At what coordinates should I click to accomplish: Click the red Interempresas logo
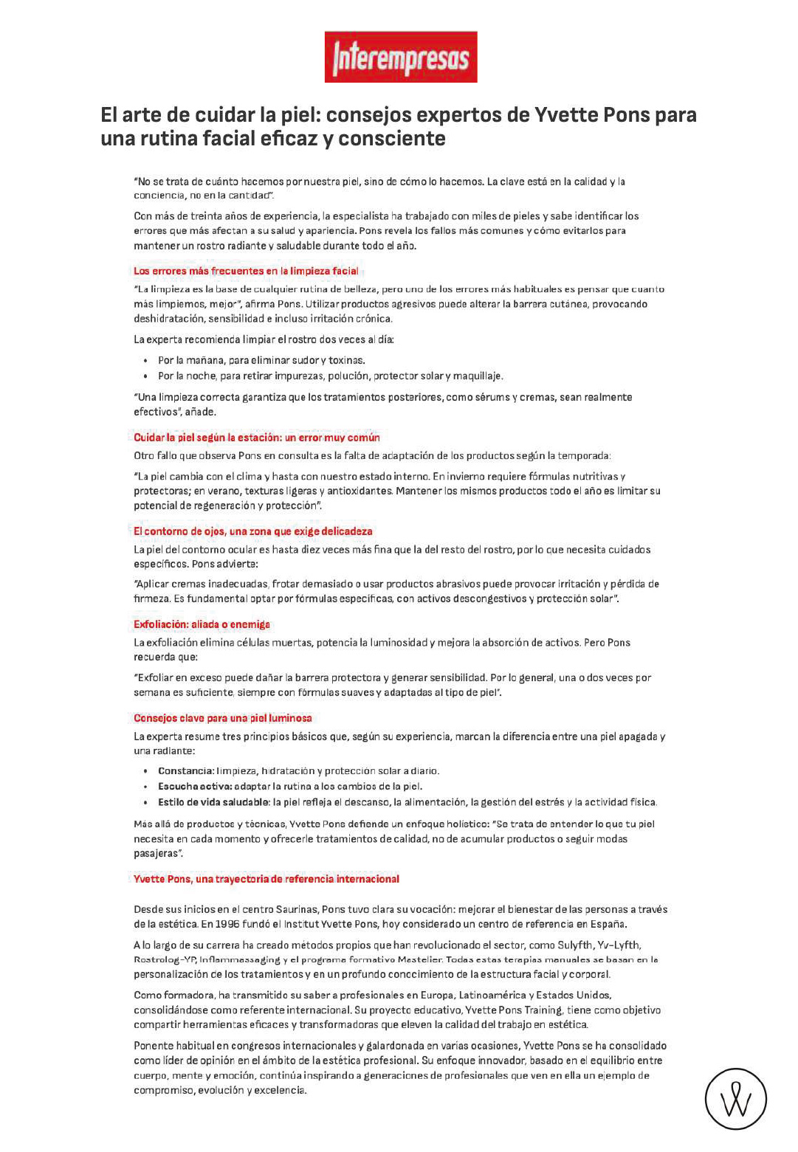coord(401,57)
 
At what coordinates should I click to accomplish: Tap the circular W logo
coord(735,1099)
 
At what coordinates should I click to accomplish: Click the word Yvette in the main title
coord(566,115)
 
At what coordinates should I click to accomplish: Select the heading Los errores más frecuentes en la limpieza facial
coord(246,271)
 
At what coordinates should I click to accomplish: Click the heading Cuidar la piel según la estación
coord(256,438)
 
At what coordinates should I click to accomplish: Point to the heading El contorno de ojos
coord(252,531)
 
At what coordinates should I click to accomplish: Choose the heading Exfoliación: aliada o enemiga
coord(202,624)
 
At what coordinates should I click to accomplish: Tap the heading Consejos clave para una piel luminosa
coord(222,718)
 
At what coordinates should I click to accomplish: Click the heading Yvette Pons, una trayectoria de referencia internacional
coord(266,879)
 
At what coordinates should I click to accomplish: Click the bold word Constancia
coord(185,771)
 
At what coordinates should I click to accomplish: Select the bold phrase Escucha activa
coord(194,787)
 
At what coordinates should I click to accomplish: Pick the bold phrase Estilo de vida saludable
coord(213,802)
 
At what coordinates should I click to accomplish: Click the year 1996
coord(228,924)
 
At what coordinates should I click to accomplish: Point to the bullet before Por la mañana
coord(146,361)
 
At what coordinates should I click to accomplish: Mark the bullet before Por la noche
coord(146,376)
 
